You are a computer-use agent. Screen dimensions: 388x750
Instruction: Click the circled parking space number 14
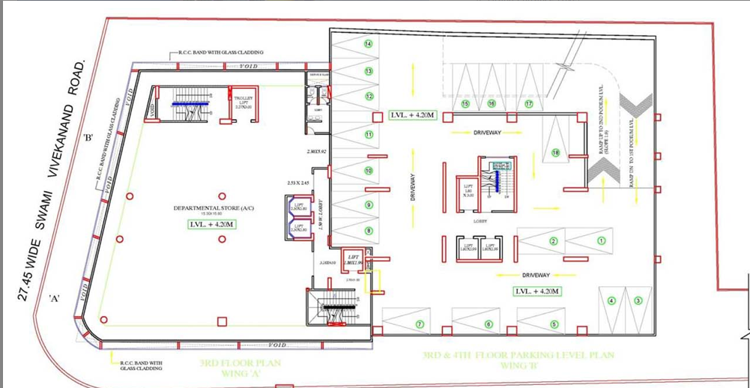tap(368, 43)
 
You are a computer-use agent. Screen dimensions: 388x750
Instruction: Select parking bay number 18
tap(555, 153)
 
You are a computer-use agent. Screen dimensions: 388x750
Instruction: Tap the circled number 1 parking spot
tap(600, 240)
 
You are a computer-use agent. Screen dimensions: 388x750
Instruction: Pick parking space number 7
tap(420, 324)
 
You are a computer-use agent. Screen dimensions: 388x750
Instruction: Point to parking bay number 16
tap(492, 103)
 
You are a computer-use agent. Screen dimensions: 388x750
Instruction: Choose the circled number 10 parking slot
tap(368, 171)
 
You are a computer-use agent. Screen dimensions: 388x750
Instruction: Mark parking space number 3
tap(638, 301)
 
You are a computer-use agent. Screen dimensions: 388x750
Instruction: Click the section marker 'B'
tap(88, 138)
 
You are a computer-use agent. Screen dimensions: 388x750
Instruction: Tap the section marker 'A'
tap(55, 298)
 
